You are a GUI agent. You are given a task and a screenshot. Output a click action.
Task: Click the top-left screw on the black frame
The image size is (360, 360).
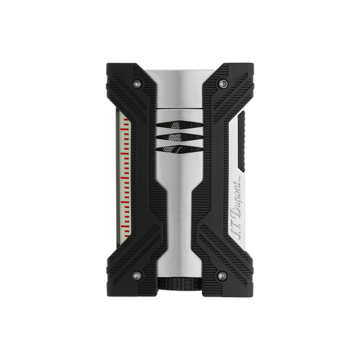point(137,84)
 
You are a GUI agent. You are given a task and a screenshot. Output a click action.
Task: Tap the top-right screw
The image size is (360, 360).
point(222,84)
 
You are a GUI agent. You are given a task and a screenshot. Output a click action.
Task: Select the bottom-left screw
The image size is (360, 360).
point(137,276)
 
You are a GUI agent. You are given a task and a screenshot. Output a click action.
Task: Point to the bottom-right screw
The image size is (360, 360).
point(222,276)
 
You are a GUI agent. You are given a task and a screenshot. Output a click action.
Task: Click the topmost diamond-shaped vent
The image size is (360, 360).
point(180,125)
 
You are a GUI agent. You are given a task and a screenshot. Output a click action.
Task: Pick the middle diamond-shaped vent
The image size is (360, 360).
point(180,137)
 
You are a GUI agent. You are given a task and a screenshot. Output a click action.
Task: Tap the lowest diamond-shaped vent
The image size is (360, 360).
point(180,149)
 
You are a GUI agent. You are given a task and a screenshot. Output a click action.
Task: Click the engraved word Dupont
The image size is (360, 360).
point(236,197)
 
